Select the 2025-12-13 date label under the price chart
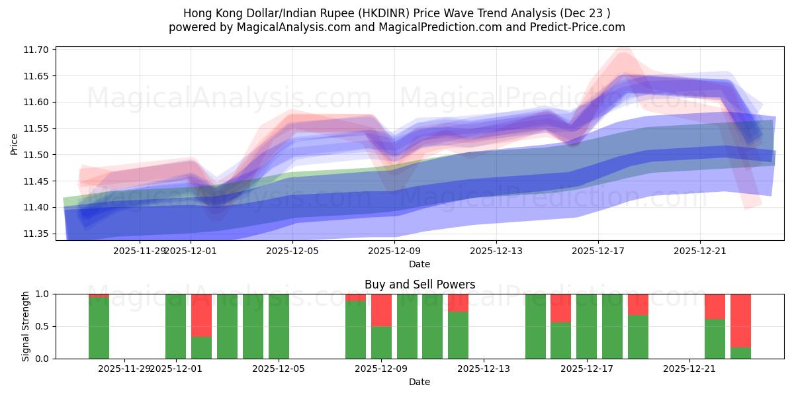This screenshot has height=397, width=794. (496, 251)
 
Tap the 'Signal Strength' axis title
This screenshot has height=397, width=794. (26, 326)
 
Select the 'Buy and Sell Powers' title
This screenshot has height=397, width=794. (419, 285)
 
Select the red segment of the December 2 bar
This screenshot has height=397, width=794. (201, 315)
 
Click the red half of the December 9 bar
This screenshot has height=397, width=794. (381, 310)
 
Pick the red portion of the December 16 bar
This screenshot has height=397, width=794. (560, 308)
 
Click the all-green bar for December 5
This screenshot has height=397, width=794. (279, 326)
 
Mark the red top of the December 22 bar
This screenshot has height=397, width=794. (715, 306)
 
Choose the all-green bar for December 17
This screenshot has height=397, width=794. (586, 326)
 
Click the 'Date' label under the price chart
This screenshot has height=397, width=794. (419, 264)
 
